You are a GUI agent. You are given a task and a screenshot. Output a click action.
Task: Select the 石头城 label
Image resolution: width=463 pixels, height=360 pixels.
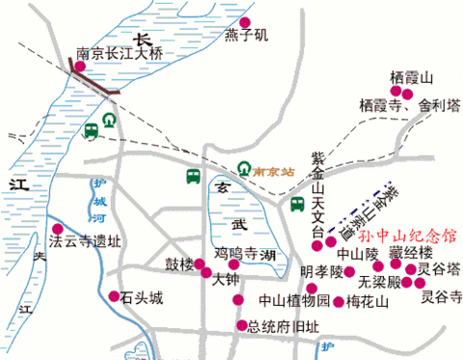143,296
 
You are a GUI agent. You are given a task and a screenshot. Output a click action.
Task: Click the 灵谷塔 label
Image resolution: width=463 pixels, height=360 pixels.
437,269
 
